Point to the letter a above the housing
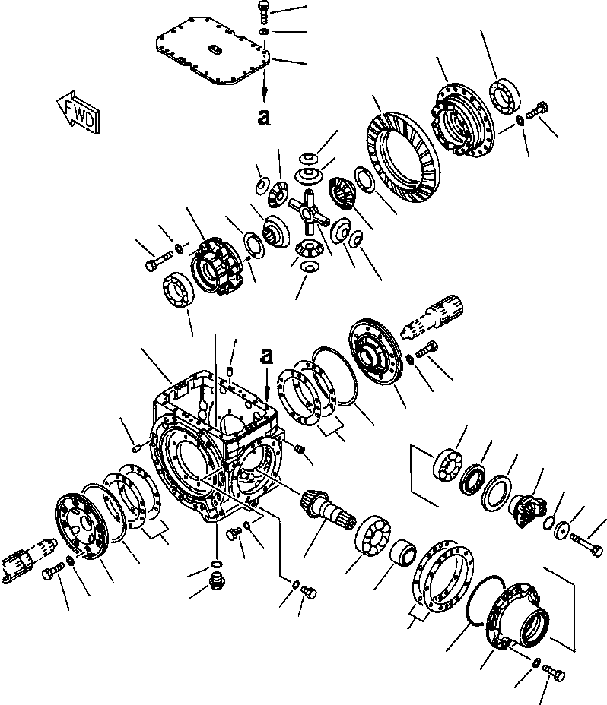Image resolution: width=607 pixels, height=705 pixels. tap(265, 354)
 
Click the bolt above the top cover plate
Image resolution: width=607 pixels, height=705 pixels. tap(264, 10)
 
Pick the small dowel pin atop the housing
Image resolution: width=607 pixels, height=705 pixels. tap(230, 370)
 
